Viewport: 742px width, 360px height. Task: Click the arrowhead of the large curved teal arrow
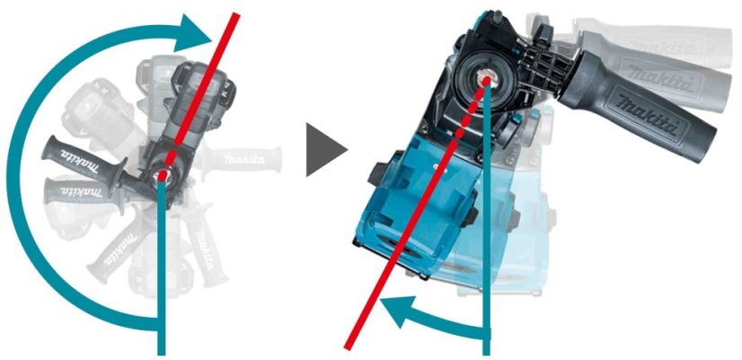pyautogui.click(x=199, y=37)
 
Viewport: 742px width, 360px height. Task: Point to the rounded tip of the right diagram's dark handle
pyautogui.click(x=711, y=145)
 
